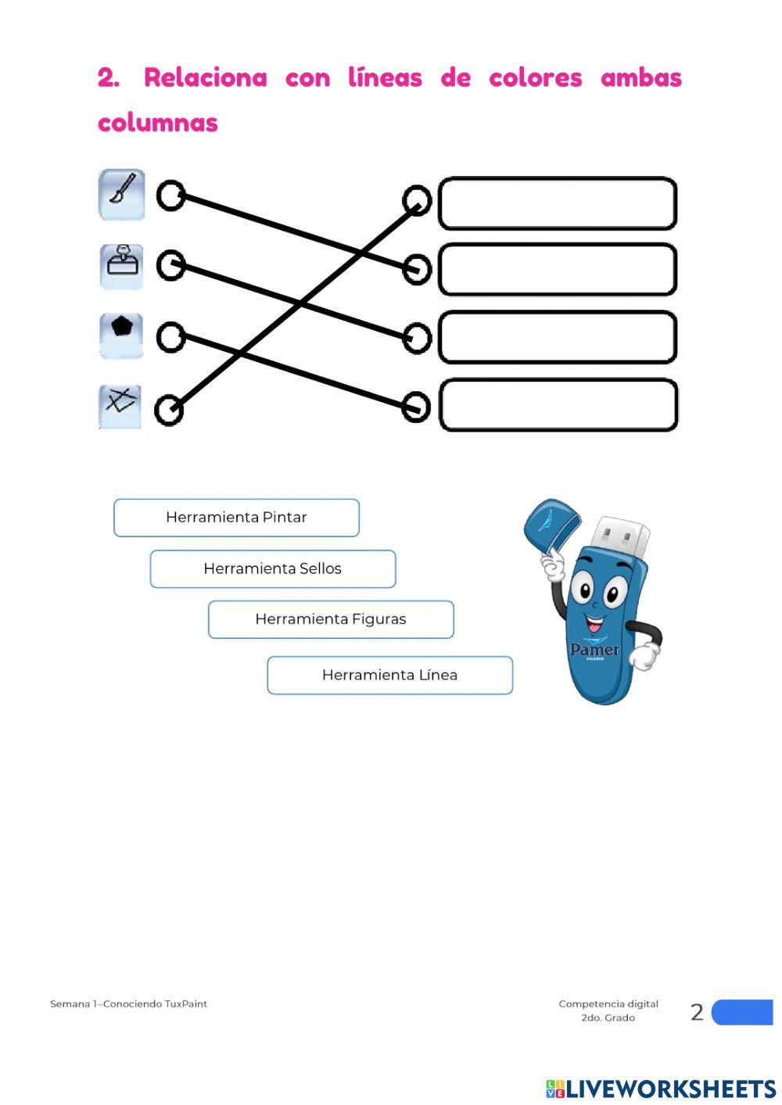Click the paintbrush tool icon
pyautogui.click(x=121, y=195)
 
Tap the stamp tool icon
pyautogui.click(x=121, y=266)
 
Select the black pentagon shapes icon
pyautogui.click(x=121, y=335)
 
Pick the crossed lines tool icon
pyautogui.click(x=120, y=407)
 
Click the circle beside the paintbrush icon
pyautogui.click(x=170, y=196)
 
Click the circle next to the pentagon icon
pyautogui.click(x=170, y=337)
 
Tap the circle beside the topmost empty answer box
pyautogui.click(x=417, y=200)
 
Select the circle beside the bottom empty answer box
pyautogui.click(x=416, y=407)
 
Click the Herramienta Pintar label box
pyautogui.click(x=236, y=518)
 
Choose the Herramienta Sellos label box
pyautogui.click(x=272, y=569)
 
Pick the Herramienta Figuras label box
pyautogui.click(x=331, y=619)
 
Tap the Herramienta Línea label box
pyautogui.click(x=389, y=675)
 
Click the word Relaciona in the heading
pyautogui.click(x=205, y=78)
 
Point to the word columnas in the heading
pyautogui.click(x=157, y=123)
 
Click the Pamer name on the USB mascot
pyautogui.click(x=594, y=649)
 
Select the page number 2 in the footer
pyautogui.click(x=697, y=1012)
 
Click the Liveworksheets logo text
pyautogui.click(x=670, y=1089)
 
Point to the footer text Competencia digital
pyautogui.click(x=608, y=1003)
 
